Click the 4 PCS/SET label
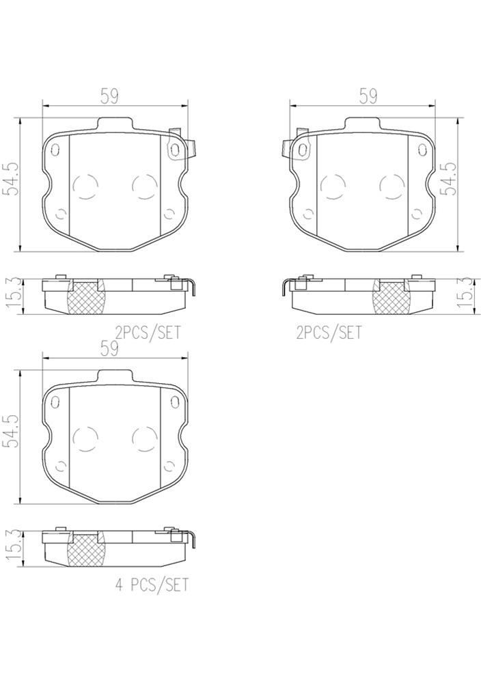click(150, 585)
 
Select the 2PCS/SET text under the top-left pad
click(148, 333)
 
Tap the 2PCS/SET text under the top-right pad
click(329, 333)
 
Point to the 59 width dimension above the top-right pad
click(368, 96)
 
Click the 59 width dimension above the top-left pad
click(109, 96)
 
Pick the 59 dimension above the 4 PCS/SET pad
click(109, 349)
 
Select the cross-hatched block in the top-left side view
click(86, 297)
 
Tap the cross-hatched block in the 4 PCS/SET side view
click(86, 550)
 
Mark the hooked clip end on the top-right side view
click(284, 287)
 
